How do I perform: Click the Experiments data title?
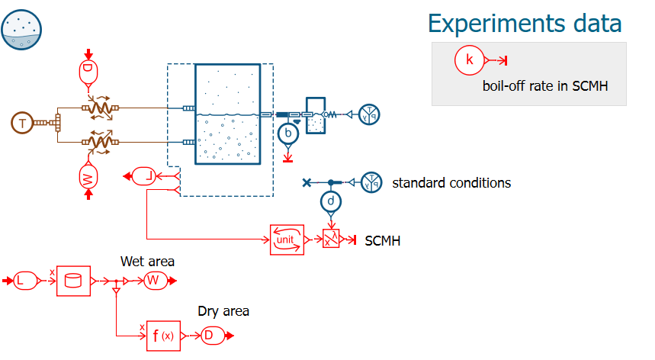click(524, 23)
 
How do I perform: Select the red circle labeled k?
click(470, 60)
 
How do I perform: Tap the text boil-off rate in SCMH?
click(544, 86)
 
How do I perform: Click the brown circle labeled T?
click(23, 122)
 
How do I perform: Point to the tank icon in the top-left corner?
click(22, 29)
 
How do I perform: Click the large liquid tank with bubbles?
click(228, 114)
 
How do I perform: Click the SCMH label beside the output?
click(383, 241)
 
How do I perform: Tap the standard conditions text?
click(451, 183)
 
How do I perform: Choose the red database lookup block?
click(74, 281)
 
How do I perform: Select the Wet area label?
click(147, 262)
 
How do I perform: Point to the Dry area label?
click(223, 311)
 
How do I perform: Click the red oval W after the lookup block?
click(153, 281)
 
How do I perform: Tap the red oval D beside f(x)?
click(210, 335)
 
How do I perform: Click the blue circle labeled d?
click(330, 201)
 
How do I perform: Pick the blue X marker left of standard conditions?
click(307, 182)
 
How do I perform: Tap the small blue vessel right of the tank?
click(316, 115)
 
